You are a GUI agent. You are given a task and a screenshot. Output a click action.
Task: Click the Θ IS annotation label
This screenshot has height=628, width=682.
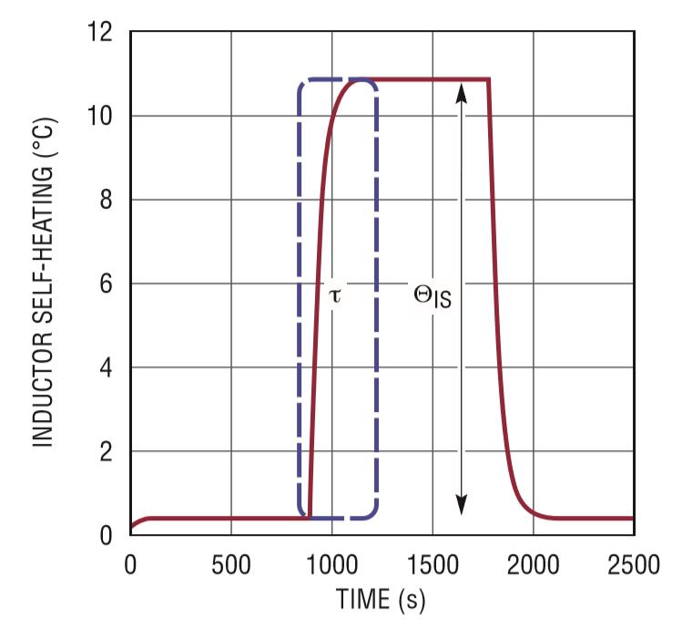(x=432, y=297)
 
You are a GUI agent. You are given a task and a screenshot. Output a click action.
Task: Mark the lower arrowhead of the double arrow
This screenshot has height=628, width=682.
(x=462, y=507)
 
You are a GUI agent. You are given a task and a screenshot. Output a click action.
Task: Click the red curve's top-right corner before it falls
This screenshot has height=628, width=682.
(x=489, y=80)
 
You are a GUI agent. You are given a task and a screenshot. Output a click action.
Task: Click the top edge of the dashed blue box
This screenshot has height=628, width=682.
(x=337, y=79)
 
